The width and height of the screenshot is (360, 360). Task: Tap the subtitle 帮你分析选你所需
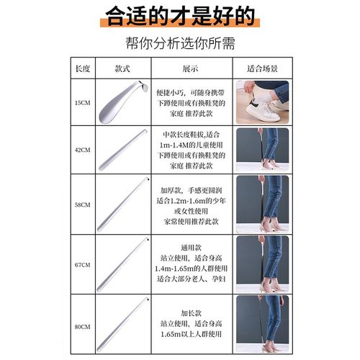pos(179,42)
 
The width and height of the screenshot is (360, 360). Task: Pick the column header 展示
pos(190,69)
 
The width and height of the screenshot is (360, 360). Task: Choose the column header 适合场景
pos(262,69)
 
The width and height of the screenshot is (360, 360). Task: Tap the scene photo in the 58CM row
pos(262,204)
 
